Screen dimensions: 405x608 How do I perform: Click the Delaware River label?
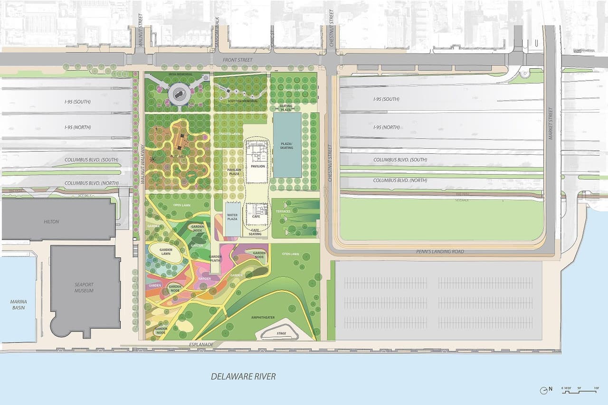243,377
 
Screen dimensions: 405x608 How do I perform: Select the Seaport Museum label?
84,287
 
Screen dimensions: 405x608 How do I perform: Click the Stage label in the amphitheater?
281,333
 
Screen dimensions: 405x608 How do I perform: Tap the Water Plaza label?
232,217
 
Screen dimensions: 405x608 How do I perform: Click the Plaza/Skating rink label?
286,145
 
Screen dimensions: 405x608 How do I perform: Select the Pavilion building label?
257,166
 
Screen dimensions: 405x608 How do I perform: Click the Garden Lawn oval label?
165,252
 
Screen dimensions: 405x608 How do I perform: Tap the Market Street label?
551,123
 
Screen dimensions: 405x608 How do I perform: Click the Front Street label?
238,60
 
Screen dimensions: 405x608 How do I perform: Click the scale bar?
579,390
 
